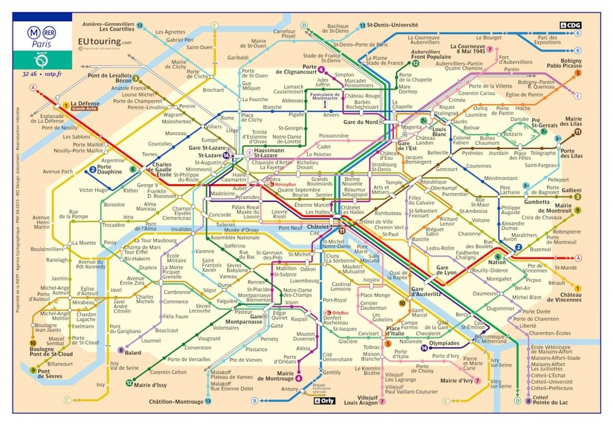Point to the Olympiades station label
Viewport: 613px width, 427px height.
[x=446, y=343]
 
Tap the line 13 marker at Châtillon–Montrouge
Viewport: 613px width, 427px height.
[x=208, y=401]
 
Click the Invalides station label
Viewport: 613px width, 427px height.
[x=181, y=229]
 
